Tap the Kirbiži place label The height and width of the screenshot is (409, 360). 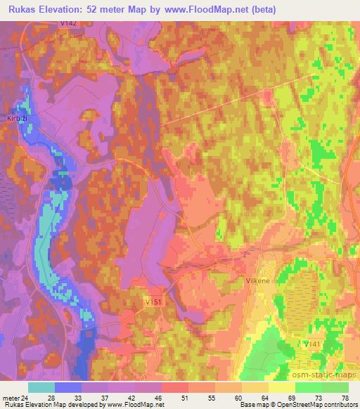click(17, 118)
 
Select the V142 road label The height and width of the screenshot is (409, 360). click(69, 24)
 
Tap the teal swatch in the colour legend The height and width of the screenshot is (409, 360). click(41, 387)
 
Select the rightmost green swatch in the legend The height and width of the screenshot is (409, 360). click(335, 387)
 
